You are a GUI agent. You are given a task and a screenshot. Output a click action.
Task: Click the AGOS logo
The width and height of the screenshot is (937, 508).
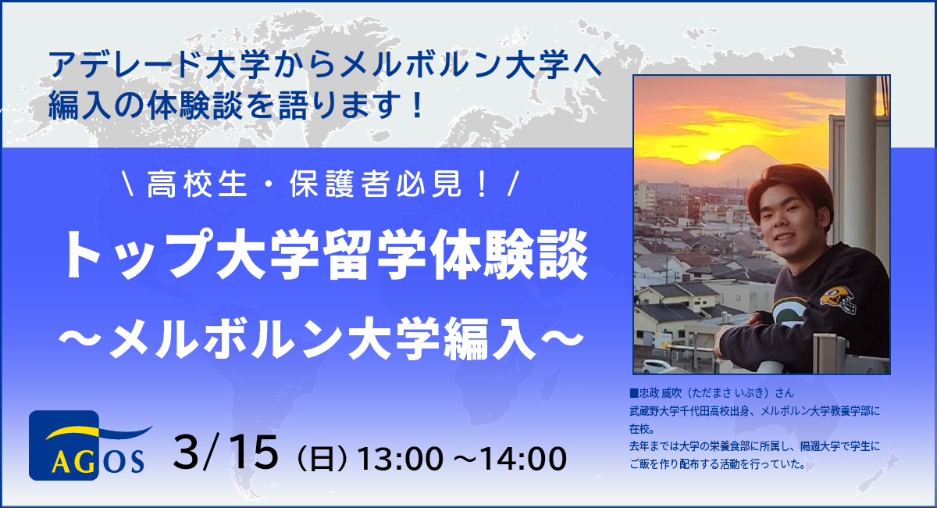[87, 445]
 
